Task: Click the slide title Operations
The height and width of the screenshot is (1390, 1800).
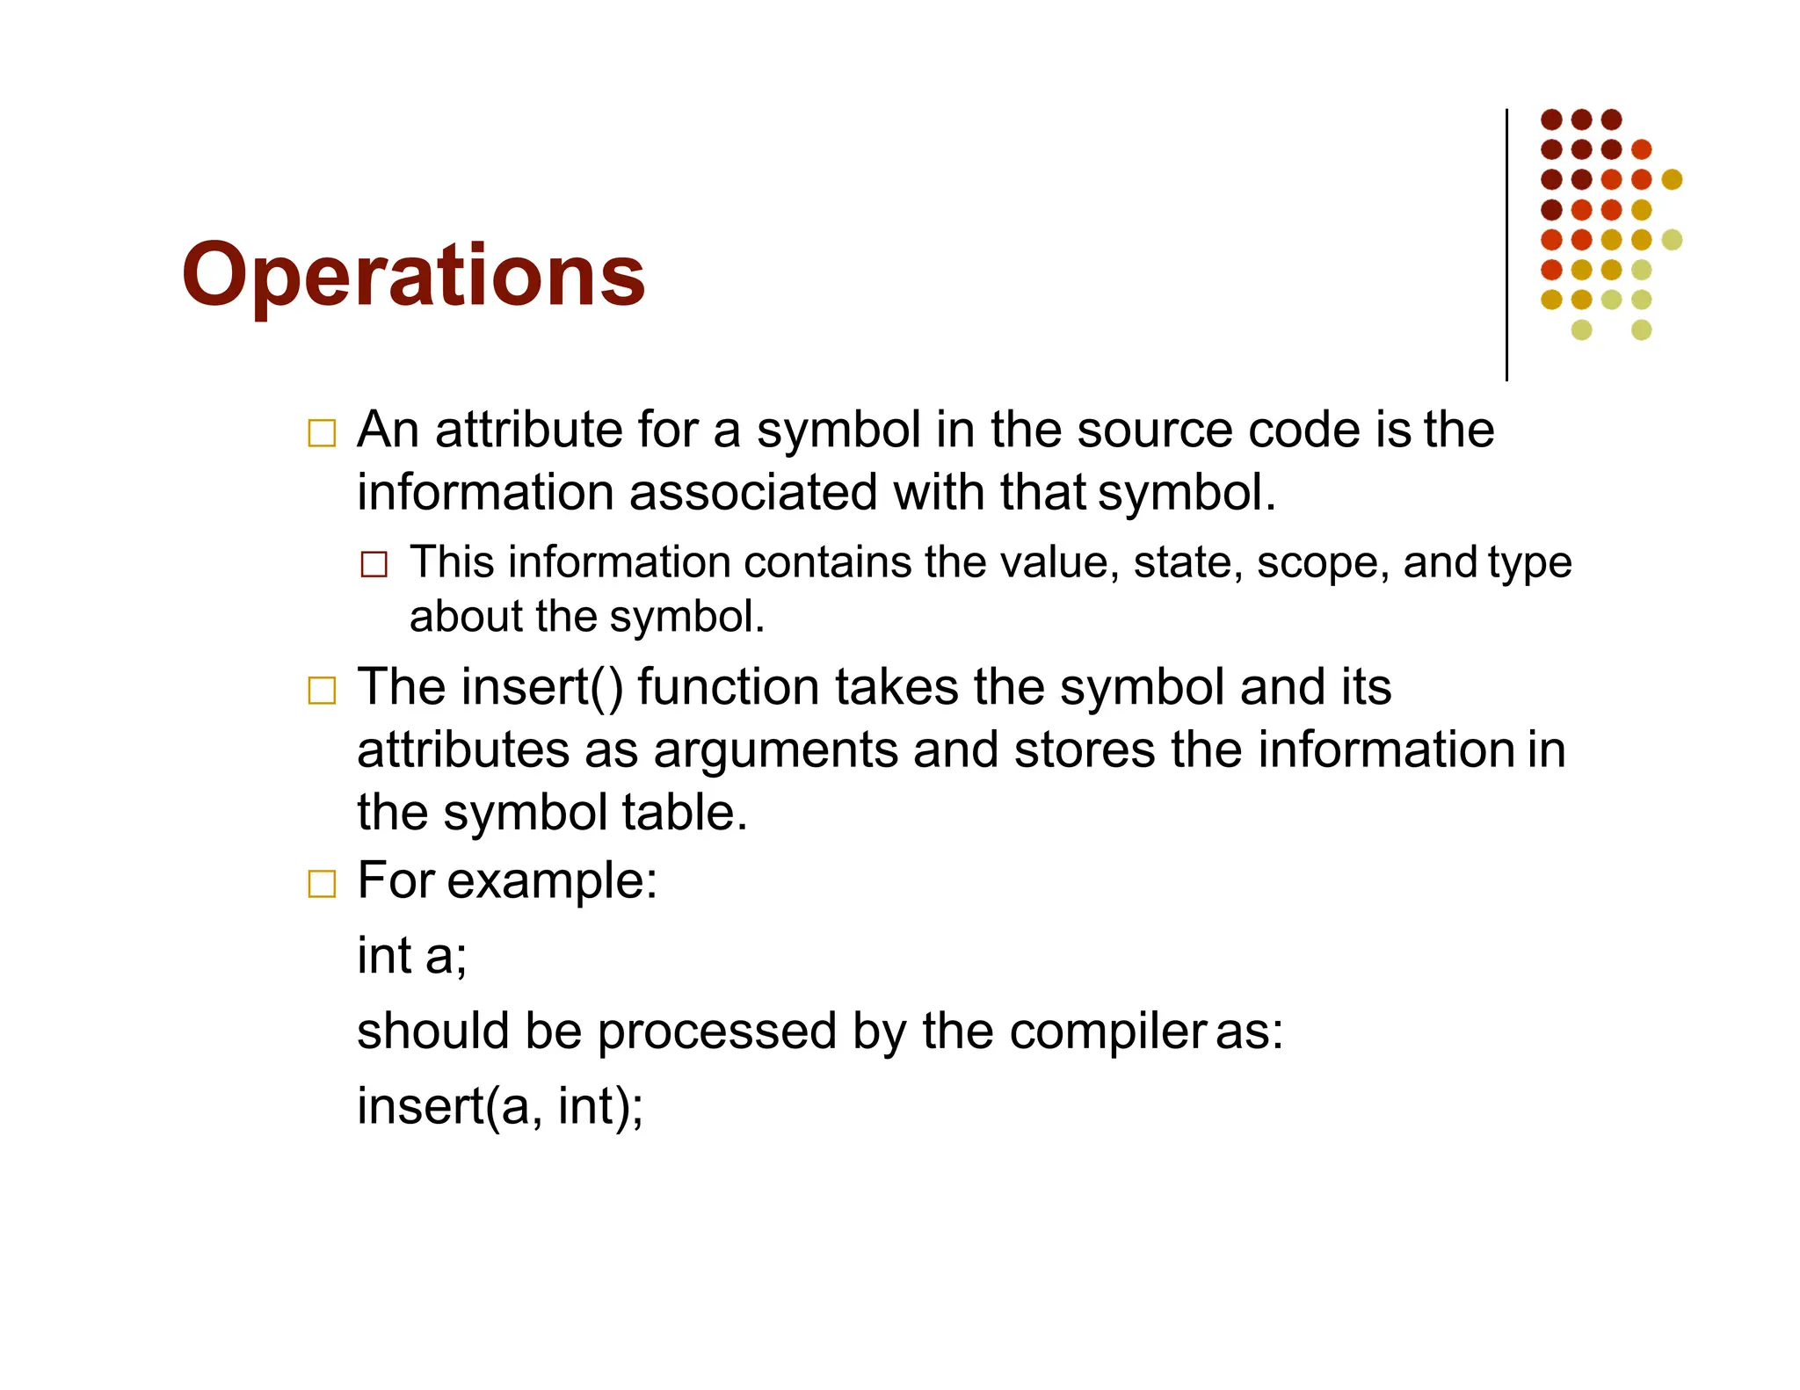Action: coord(413,275)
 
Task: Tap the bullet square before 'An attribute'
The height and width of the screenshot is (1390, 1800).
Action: coord(322,433)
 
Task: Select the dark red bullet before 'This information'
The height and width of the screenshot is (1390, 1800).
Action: coord(374,564)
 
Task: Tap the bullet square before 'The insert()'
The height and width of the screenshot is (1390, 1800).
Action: coord(322,691)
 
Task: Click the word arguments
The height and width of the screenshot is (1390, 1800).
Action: coord(775,750)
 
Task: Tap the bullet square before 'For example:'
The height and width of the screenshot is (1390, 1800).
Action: coord(322,883)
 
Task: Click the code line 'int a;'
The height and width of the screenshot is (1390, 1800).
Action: coord(411,956)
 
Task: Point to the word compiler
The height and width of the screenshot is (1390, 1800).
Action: coord(1107,1032)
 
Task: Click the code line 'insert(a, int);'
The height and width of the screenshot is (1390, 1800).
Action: coord(499,1106)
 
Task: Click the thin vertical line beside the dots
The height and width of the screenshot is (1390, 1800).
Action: coord(1506,246)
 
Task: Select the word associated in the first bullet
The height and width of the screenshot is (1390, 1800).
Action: coord(752,492)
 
